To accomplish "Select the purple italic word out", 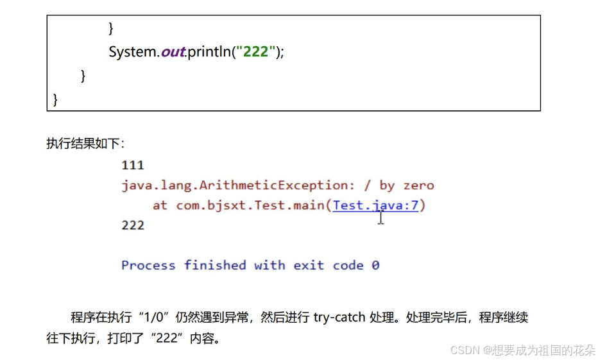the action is point(173,52).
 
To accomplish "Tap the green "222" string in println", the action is point(255,52).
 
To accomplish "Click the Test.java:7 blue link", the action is point(375,205).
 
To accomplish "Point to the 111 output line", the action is point(133,166).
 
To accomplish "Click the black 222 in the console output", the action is point(133,225).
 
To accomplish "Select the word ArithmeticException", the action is point(276,185).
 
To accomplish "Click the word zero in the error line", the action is point(418,185).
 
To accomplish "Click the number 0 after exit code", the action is point(375,265).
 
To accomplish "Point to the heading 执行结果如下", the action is point(85,143).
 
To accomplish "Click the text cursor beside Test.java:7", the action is point(381,218).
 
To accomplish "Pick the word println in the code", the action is point(209,52).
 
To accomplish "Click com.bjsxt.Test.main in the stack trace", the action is point(251,205).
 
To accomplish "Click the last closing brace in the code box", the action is point(55,99).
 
